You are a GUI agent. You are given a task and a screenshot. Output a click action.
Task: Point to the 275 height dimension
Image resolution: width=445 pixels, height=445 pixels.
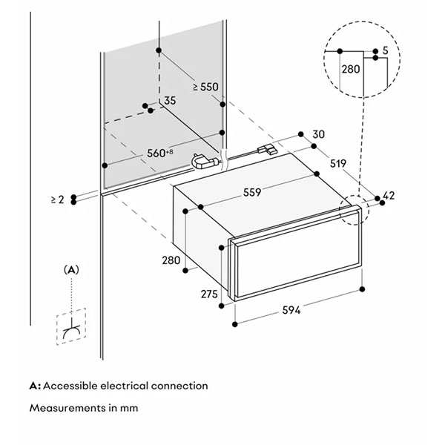pos(210,294)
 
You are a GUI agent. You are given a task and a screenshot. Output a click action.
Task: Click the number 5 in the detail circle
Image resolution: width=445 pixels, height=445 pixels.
pos(385,50)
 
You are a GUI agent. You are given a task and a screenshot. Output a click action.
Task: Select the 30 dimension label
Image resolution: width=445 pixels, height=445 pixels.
pos(319,134)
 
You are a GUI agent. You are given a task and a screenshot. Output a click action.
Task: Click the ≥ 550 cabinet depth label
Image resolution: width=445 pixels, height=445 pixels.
pos(205,87)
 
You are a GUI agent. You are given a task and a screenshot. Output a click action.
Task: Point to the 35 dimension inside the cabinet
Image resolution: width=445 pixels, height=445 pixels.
pos(170,100)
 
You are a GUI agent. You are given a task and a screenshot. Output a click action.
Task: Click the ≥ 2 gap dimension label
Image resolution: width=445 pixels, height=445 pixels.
pos(58,200)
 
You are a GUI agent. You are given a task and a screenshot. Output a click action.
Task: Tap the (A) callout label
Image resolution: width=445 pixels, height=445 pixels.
pos(71,270)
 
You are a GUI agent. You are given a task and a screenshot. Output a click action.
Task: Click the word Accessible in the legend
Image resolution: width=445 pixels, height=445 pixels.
pos(72,386)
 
